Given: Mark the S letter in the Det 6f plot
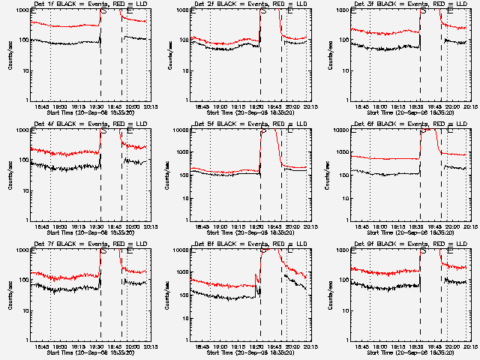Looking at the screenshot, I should [x=423, y=132].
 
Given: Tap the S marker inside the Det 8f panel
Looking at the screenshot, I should [x=262, y=252].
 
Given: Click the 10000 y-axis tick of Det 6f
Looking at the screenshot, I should [x=340, y=130].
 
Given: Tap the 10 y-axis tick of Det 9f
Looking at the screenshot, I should [x=345, y=310].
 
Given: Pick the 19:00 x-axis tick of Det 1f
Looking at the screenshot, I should [x=61, y=106].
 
